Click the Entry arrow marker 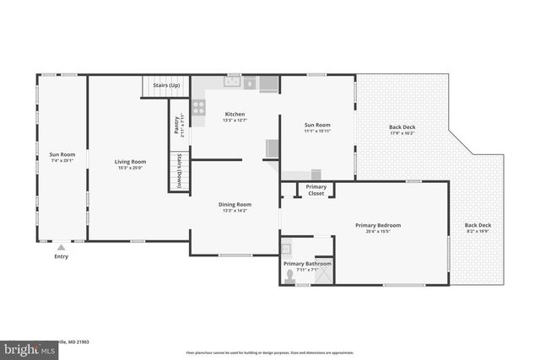pyautogui.click(x=61, y=248)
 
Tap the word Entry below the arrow pyautogui.click(x=61, y=256)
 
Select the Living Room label pyautogui.click(x=131, y=161)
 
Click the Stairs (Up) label pyautogui.click(x=165, y=86)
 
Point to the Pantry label pyautogui.click(x=177, y=123)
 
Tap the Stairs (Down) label pyautogui.click(x=179, y=171)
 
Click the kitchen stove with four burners pyautogui.click(x=199, y=107)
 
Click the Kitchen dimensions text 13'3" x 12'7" pyautogui.click(x=235, y=121)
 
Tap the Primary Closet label pyautogui.click(x=316, y=190)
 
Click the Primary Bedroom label pyautogui.click(x=377, y=225)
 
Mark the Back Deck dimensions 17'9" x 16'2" pyautogui.click(x=402, y=133)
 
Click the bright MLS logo pyautogui.click(x=25, y=348)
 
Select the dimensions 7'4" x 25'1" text pyautogui.click(x=62, y=161)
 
